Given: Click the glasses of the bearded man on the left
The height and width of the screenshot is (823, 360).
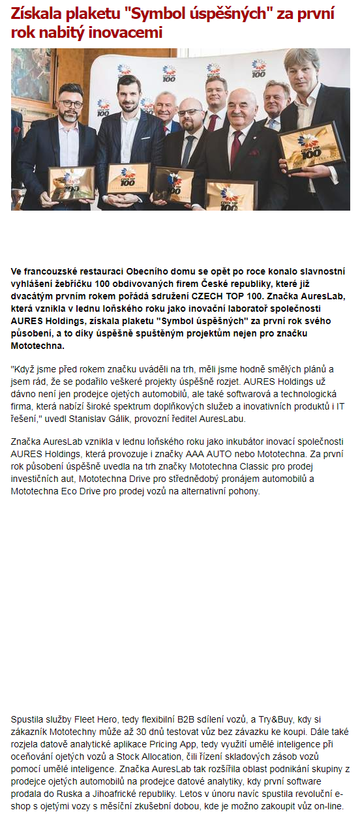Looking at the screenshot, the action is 70,104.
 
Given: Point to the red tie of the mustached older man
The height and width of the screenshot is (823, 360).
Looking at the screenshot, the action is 235,149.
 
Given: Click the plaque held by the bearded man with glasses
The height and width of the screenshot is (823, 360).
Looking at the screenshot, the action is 71,183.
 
